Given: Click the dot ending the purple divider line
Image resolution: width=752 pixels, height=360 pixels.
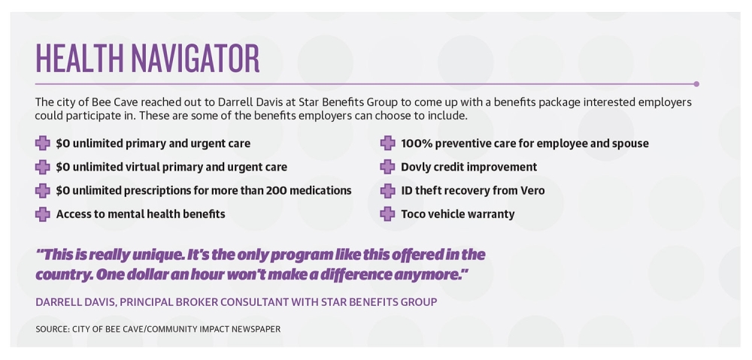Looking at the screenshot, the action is [696, 84].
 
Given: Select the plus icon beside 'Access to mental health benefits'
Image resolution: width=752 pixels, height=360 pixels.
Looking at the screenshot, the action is [43, 213].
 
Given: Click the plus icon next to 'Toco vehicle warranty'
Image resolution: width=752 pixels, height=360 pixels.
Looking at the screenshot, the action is [387, 213].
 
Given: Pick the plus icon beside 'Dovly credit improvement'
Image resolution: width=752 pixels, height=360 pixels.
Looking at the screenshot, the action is [387, 167].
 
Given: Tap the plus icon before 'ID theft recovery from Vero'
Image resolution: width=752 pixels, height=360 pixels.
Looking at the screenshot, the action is [387, 191].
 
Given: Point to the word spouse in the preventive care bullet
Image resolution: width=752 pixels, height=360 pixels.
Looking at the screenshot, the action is [631, 144].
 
